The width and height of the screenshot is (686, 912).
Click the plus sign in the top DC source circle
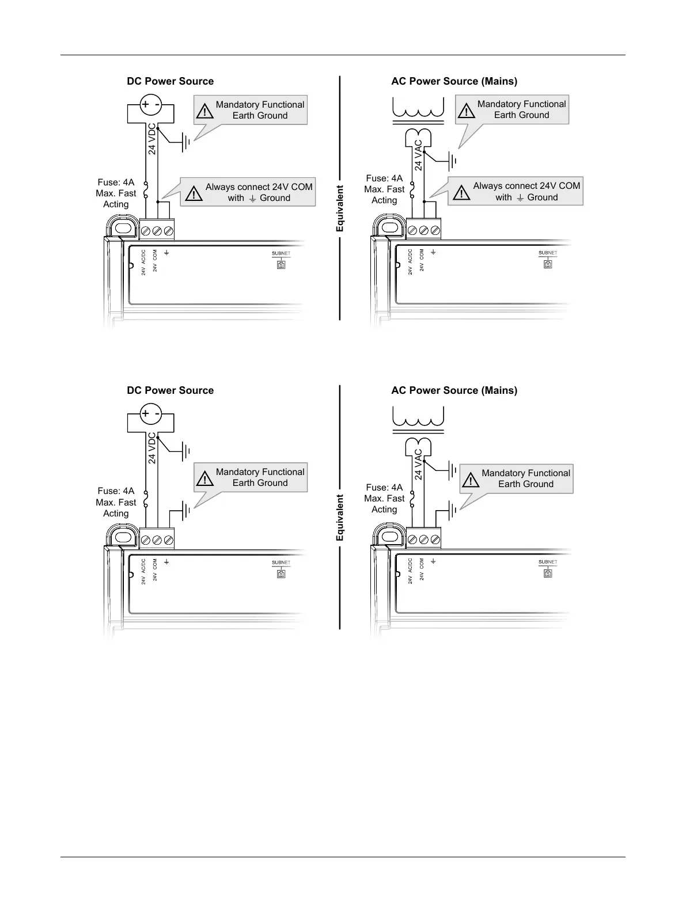[145, 104]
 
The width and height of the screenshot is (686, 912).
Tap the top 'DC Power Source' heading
[170, 81]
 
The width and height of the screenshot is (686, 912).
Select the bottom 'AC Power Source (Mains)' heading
[454, 390]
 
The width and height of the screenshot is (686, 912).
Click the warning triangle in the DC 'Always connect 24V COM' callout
[194, 194]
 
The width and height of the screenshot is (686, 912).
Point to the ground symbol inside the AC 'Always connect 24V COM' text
[520, 197]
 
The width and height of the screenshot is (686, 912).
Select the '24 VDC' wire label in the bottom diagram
[152, 448]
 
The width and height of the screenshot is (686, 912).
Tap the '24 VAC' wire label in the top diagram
[419, 155]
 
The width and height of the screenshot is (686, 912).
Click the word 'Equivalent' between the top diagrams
[340, 208]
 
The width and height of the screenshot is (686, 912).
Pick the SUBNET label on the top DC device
[281, 253]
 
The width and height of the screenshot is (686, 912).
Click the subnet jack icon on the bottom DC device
[281, 574]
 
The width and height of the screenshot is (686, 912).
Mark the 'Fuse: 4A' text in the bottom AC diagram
[384, 488]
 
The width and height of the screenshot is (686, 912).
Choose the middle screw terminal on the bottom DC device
[157, 540]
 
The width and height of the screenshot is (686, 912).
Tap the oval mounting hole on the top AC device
[390, 227]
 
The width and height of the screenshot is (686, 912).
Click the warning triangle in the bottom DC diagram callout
[204, 478]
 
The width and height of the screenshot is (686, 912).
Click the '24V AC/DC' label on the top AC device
[410, 262]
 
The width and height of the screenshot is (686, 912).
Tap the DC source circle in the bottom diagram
[151, 413]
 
